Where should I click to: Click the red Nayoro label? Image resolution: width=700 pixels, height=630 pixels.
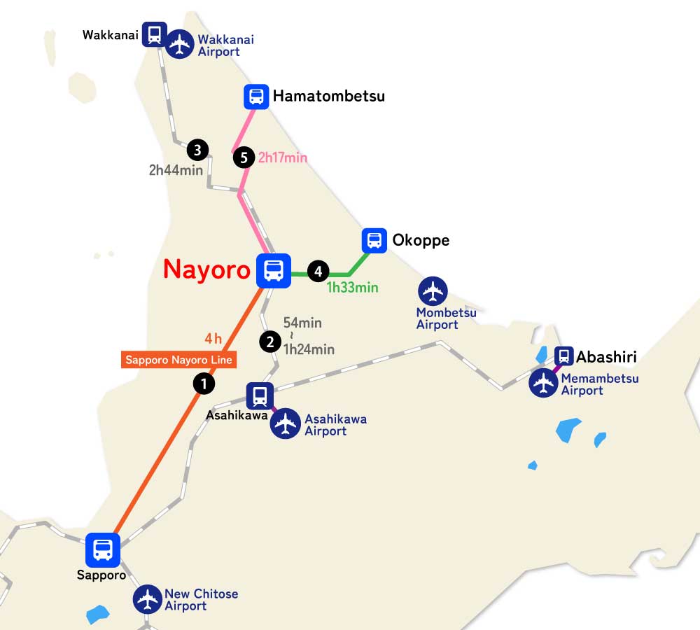pos(206,269)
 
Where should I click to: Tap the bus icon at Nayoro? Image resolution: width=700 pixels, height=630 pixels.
pos(274,270)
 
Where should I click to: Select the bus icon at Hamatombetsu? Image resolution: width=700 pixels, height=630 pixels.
pos(256,97)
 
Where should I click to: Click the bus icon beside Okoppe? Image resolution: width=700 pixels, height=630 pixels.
pos(374,241)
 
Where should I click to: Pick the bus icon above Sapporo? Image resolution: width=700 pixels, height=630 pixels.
pos(103,549)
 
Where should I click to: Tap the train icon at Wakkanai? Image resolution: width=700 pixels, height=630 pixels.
pos(154,34)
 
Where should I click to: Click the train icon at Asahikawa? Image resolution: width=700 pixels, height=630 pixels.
pos(260,396)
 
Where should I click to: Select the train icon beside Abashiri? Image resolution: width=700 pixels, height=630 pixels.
pos(563,356)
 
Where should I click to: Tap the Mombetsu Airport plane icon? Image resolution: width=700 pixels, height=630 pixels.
pos(433,291)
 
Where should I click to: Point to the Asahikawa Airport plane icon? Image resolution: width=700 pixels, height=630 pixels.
pos(286,424)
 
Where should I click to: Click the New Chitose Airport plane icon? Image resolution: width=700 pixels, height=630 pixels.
pos(148,599)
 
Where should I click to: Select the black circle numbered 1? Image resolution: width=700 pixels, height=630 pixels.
pos(204,384)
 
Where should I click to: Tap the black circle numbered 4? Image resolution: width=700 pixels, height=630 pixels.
pos(318,270)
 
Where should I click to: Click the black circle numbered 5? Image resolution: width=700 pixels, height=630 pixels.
pos(244,158)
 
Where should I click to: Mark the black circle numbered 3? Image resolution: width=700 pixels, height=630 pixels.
pos(198,149)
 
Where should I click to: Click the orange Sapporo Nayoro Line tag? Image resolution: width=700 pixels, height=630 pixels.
pos(178,360)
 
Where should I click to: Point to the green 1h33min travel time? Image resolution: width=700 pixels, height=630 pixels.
pos(352,287)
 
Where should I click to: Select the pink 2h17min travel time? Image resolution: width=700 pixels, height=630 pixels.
pos(283,158)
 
